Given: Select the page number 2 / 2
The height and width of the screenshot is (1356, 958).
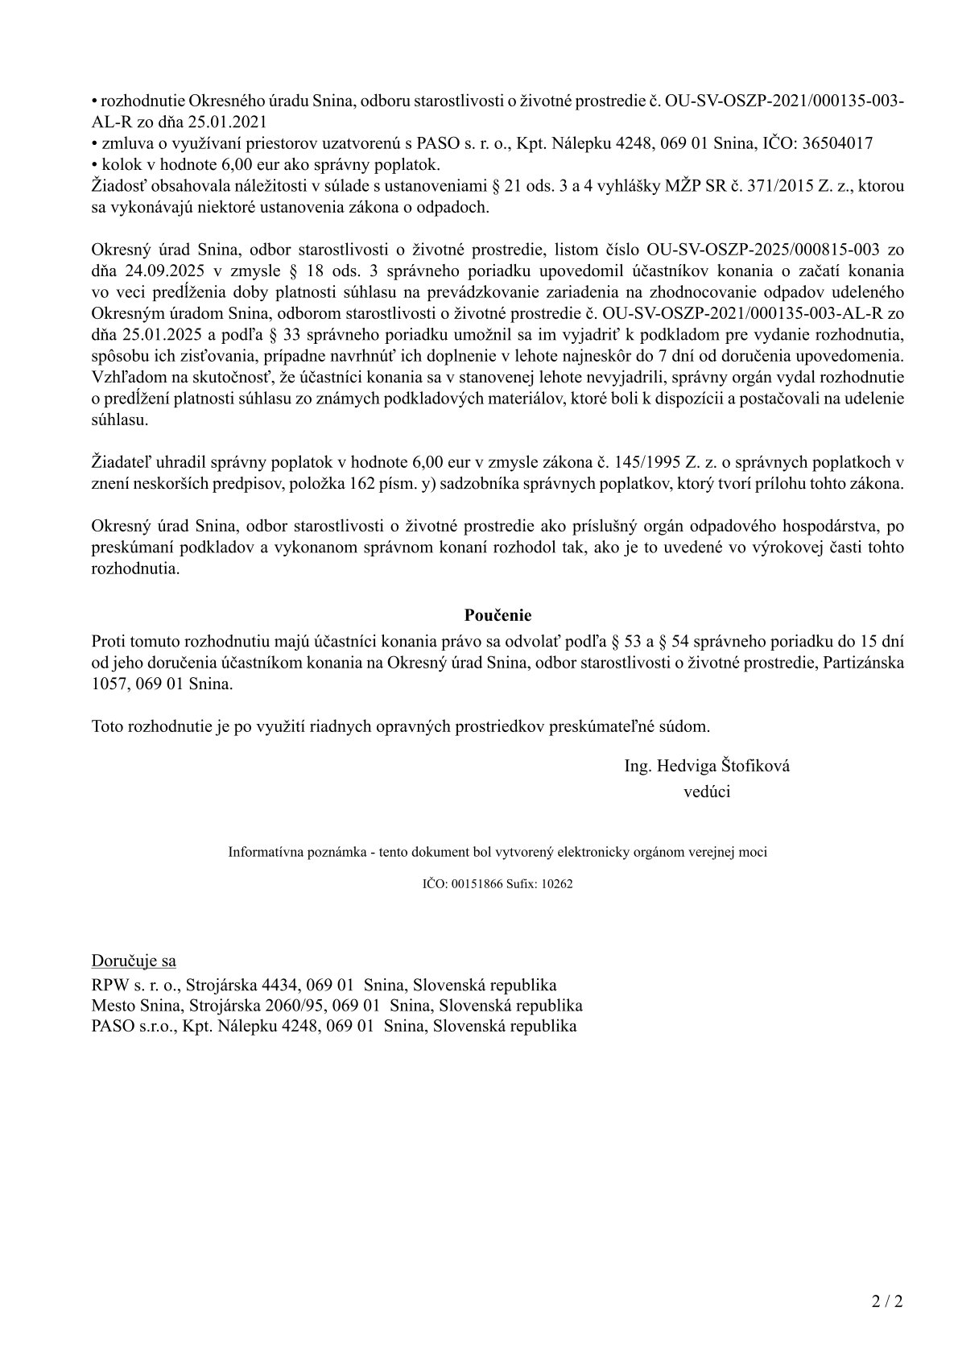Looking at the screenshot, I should (x=887, y=1301).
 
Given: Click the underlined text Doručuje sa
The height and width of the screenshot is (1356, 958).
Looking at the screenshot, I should (x=134, y=961).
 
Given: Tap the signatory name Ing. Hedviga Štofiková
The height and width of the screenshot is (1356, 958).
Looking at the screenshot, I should (x=706, y=766).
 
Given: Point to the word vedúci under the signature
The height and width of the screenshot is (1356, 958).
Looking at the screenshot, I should (x=706, y=792).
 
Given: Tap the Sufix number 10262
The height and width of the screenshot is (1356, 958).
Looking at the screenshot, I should (x=557, y=883).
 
